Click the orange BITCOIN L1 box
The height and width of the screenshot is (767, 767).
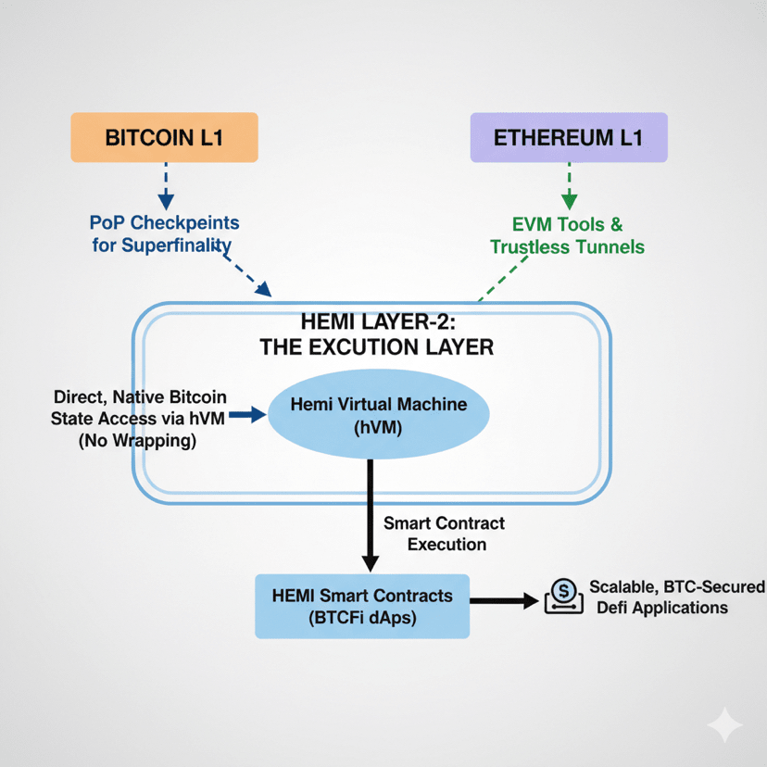[x=163, y=138]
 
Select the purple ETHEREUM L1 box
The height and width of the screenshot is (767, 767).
[x=568, y=138]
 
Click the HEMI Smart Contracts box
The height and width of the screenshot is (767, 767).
[x=362, y=606]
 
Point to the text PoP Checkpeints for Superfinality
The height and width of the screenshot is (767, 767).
[x=164, y=234]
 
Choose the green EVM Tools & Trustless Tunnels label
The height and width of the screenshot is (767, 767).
[x=567, y=235]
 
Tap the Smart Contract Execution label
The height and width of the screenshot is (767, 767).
[x=444, y=534]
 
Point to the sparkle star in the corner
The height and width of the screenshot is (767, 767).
[x=724, y=725]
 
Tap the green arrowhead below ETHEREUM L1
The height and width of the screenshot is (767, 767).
[x=569, y=199]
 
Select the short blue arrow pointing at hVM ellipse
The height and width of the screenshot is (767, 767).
[x=245, y=416]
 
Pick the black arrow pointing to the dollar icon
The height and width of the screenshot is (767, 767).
[x=504, y=601]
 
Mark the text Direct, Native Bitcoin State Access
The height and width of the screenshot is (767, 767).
[x=139, y=409]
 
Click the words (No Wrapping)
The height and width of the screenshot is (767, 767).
[x=138, y=442]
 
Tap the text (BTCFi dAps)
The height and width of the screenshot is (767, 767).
[x=362, y=619]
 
